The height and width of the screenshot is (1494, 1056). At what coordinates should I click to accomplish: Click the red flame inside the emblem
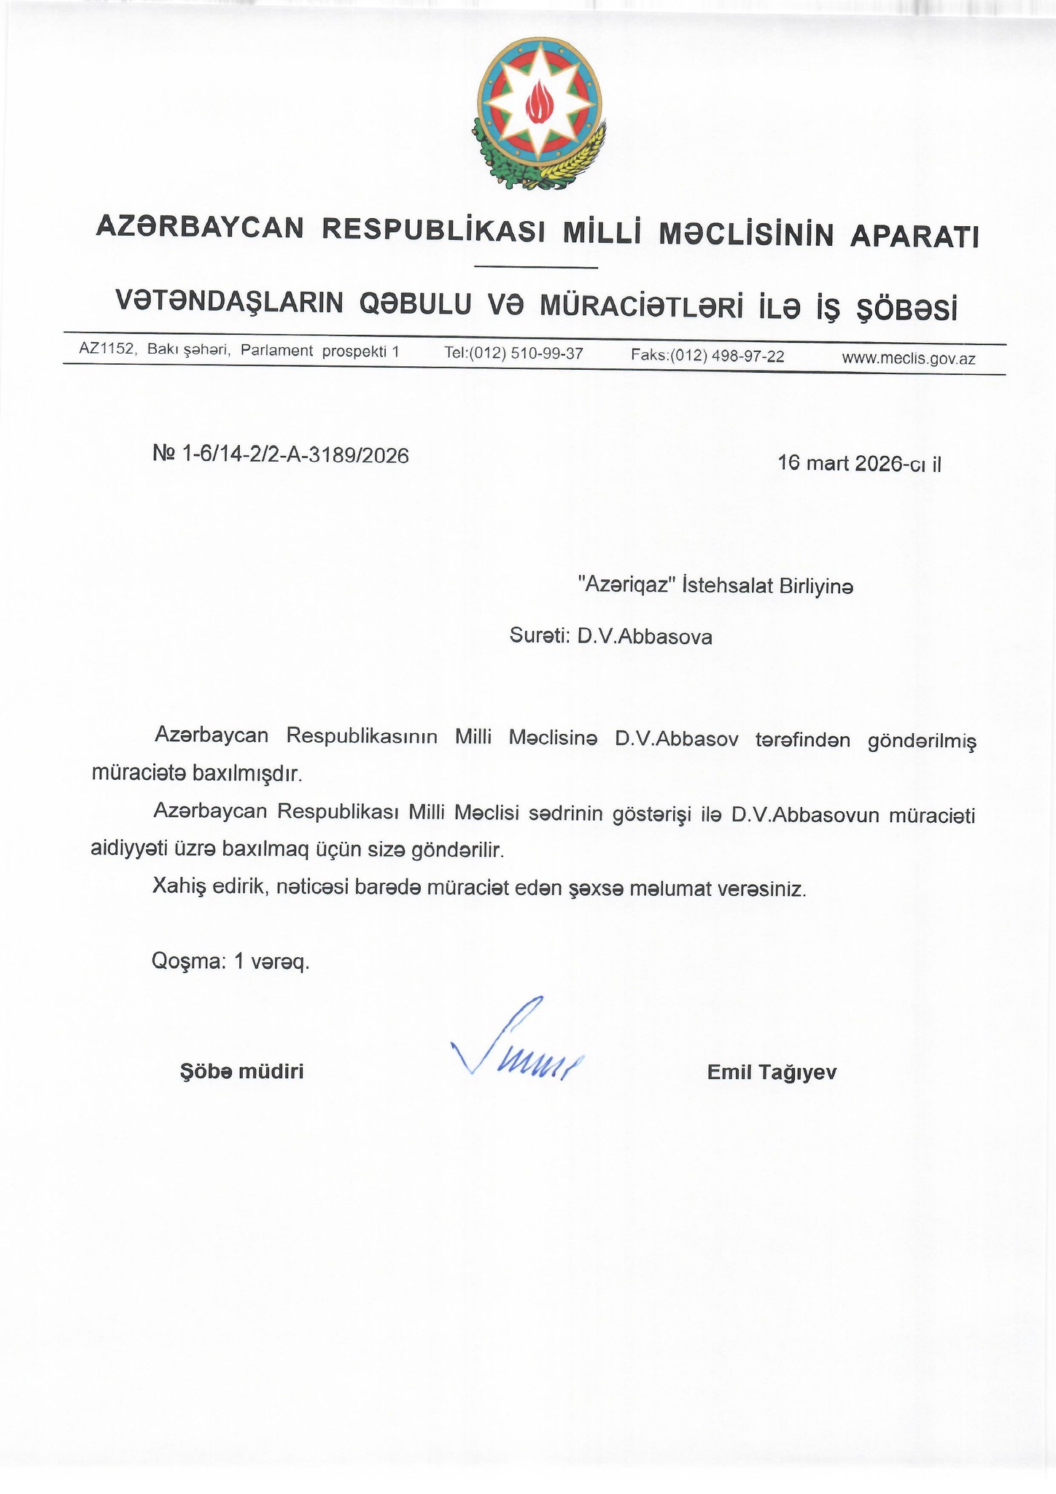point(540,102)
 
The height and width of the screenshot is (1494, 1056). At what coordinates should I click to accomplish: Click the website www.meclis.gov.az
point(909,358)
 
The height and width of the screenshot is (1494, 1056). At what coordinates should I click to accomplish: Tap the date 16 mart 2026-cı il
point(860,463)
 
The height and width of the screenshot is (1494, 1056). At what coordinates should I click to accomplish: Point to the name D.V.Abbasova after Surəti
point(645,637)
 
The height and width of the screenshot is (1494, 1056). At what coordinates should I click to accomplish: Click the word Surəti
point(539,636)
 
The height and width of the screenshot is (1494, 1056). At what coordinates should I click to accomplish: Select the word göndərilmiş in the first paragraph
point(921,742)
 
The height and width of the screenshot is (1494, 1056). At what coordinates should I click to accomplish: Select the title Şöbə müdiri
point(241,1072)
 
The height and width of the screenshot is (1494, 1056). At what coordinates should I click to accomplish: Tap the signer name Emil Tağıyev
point(772,1072)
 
